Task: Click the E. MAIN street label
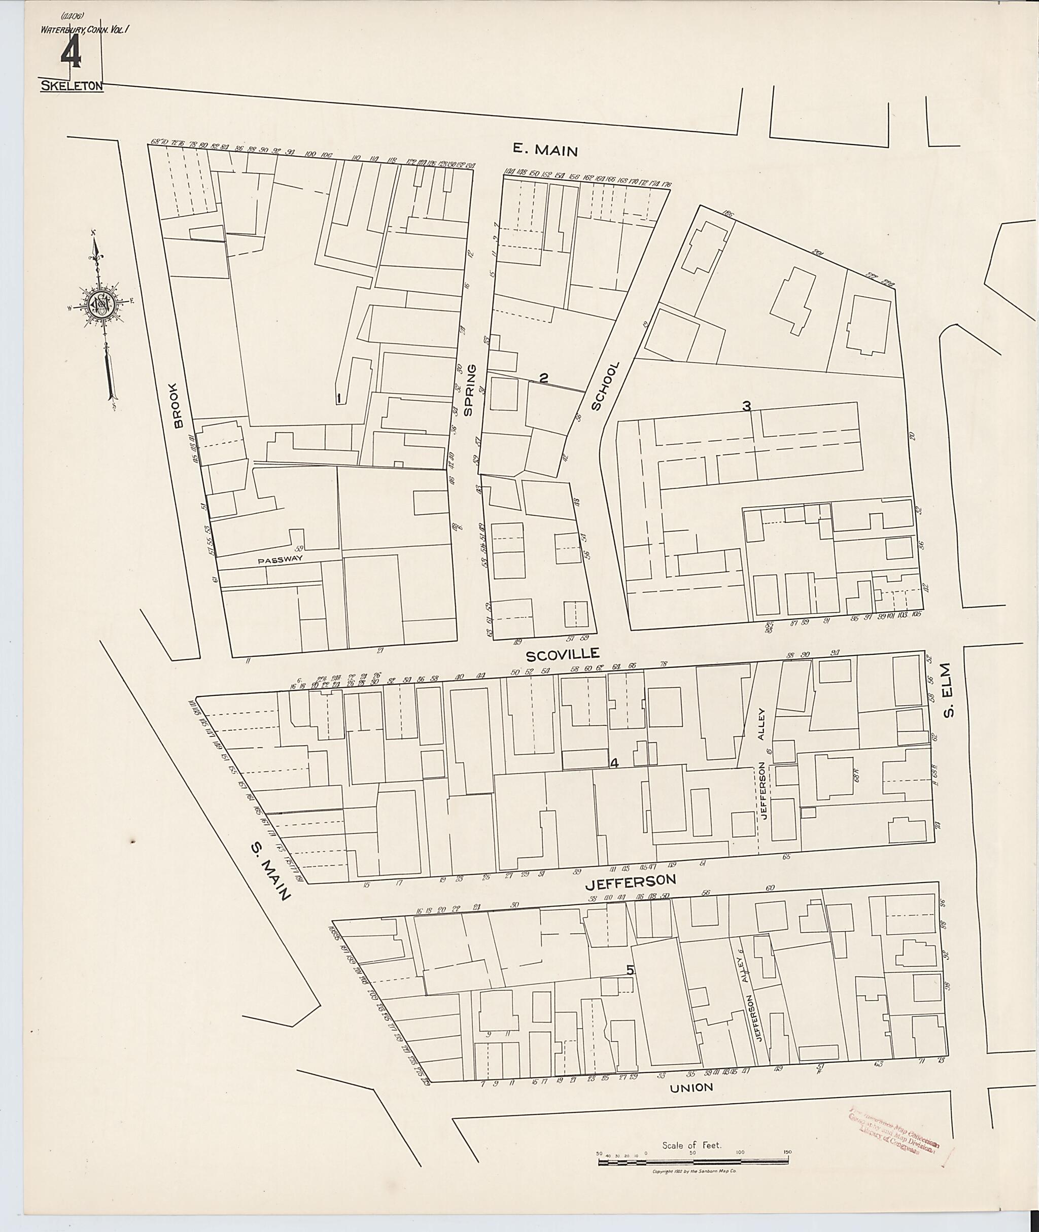pos(544,150)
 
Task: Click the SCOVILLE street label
pos(562,654)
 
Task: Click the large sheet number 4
pos(71,56)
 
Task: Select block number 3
pos(746,406)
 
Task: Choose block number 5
pos(630,970)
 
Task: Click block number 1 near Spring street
pos(339,399)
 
